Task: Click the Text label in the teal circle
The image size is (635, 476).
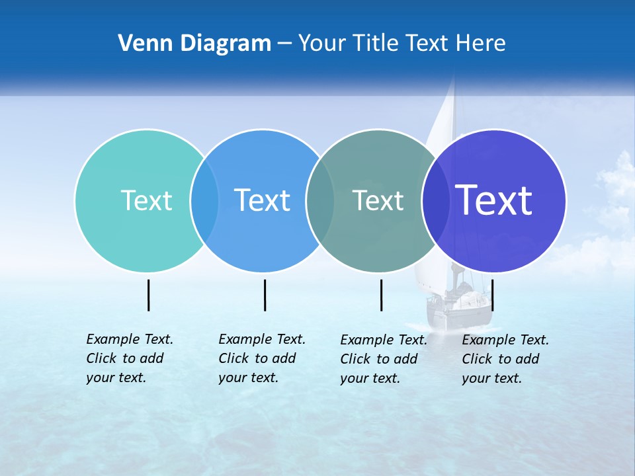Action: pyautogui.click(x=146, y=200)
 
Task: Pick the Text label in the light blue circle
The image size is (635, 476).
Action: pyautogui.click(x=262, y=200)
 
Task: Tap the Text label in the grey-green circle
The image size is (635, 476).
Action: pyautogui.click(x=378, y=200)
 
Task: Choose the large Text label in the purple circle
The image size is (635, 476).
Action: pyautogui.click(x=494, y=200)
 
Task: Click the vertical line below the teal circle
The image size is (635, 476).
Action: pyautogui.click(x=149, y=295)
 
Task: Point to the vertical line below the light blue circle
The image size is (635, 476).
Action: pyautogui.click(x=265, y=295)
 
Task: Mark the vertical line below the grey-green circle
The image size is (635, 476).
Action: pyautogui.click(x=381, y=295)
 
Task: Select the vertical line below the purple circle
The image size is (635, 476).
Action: pyautogui.click(x=492, y=295)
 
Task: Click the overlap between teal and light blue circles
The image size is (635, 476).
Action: pyautogui.click(x=204, y=201)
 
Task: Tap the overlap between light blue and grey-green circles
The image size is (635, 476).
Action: pyautogui.click(x=320, y=201)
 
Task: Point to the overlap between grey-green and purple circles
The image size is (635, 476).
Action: pyautogui.click(x=435, y=201)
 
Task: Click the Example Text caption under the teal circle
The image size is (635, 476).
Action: pyautogui.click(x=129, y=358)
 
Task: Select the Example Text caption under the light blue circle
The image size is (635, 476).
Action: pyautogui.click(x=261, y=358)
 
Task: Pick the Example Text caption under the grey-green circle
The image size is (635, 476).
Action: pyautogui.click(x=383, y=359)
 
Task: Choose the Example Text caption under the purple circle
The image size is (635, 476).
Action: pyautogui.click(x=505, y=359)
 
